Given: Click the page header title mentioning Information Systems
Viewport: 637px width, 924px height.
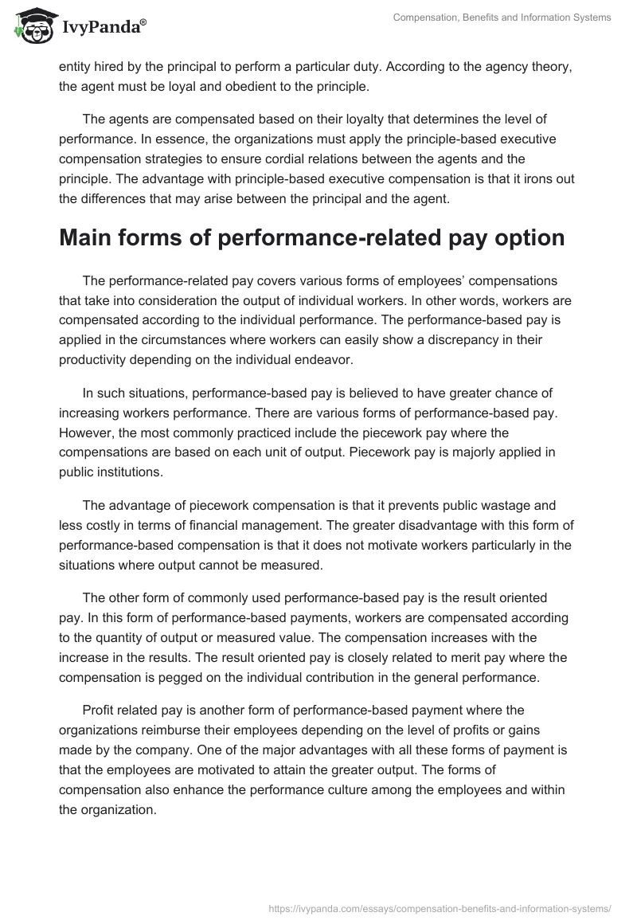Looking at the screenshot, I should tap(502, 18).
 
